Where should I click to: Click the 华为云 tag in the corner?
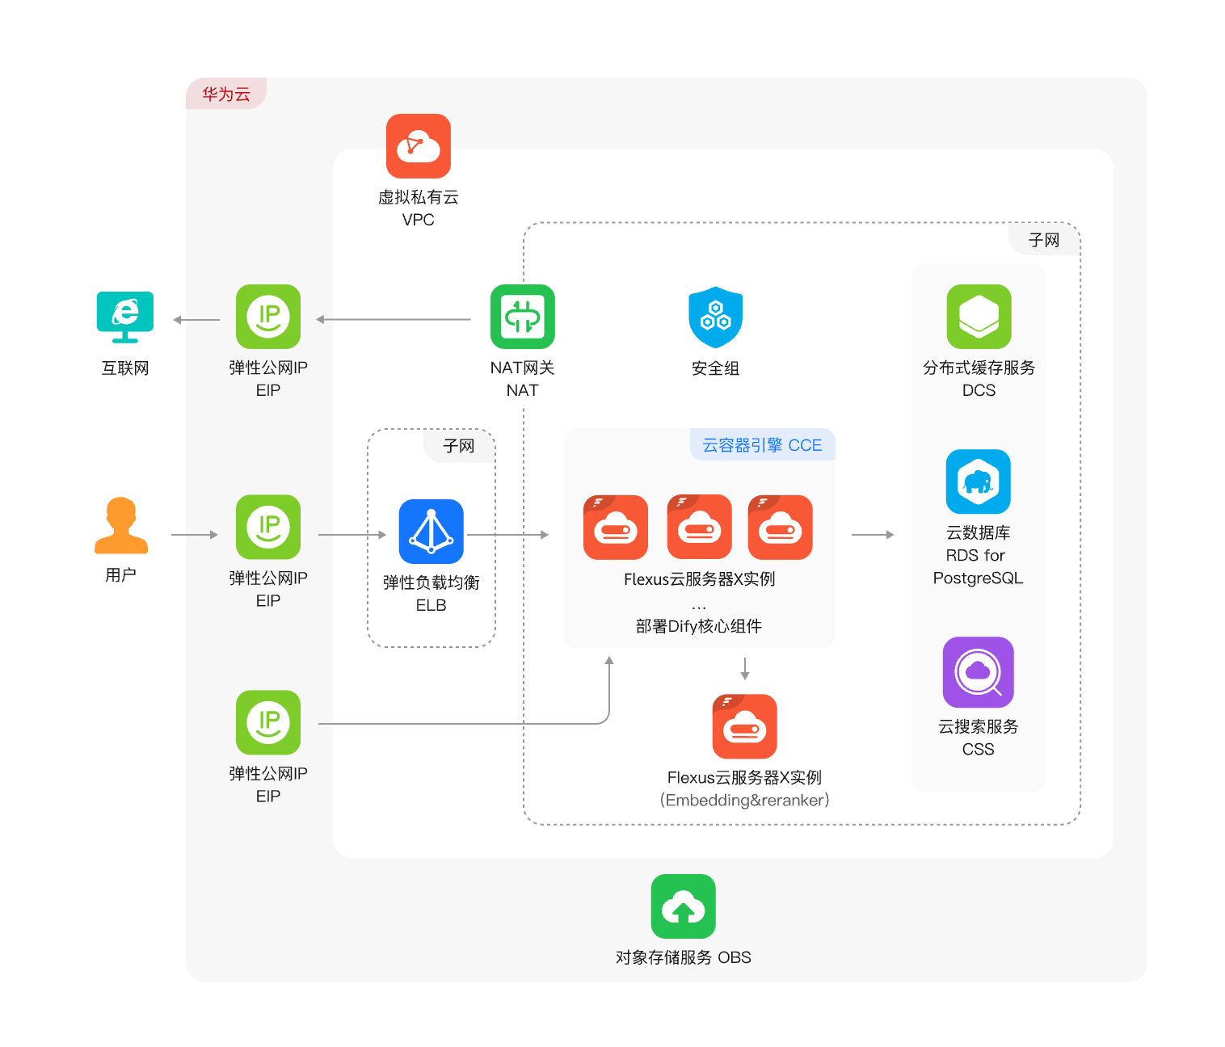pyautogui.click(x=225, y=94)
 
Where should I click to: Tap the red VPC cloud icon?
pyautogui.click(x=419, y=145)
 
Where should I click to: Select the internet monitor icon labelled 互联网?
pyautogui.click(x=125, y=317)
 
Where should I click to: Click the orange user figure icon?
pyautogui.click(x=121, y=526)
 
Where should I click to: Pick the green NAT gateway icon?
pyautogui.click(x=522, y=317)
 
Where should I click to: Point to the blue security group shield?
pyautogui.click(x=715, y=317)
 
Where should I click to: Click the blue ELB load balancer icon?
pyautogui.click(x=431, y=532)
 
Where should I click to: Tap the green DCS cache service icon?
pyautogui.click(x=979, y=317)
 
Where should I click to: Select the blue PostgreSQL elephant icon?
pyautogui.click(x=978, y=481)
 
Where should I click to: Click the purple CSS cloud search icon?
pyautogui.click(x=978, y=672)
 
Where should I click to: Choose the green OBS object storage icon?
pyautogui.click(x=683, y=906)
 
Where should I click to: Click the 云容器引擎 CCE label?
pyautogui.click(x=762, y=445)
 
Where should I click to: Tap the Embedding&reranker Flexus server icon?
pyautogui.click(x=744, y=726)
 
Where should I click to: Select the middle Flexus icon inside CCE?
pyautogui.click(x=699, y=527)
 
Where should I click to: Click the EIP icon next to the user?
pyautogui.click(x=268, y=527)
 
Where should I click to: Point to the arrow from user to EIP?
pyautogui.click(x=195, y=535)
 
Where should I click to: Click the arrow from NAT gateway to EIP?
pyautogui.click(x=394, y=319)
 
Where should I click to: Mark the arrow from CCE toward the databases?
pyautogui.click(x=873, y=535)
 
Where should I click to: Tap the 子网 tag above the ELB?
pyautogui.click(x=459, y=446)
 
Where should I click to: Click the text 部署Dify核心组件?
pyautogui.click(x=699, y=626)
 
